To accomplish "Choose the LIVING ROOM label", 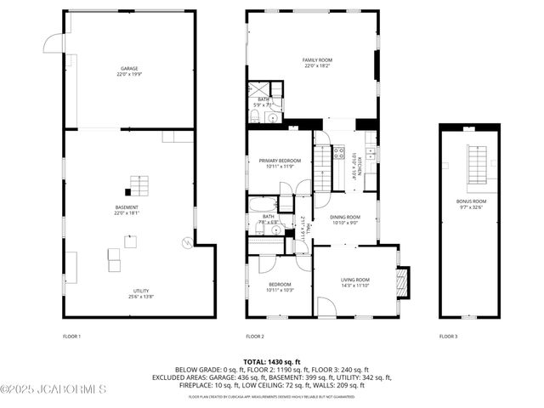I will pyautogui.click(x=355, y=282).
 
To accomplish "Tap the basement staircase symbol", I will pyautogui.click(x=138, y=184).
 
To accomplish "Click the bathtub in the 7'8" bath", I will pyautogui.click(x=263, y=205).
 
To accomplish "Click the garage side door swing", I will pyautogui.click(x=54, y=42).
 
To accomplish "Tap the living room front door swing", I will pyautogui.click(x=326, y=306).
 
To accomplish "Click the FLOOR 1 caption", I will pyautogui.click(x=72, y=337).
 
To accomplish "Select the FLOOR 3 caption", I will pyautogui.click(x=448, y=337).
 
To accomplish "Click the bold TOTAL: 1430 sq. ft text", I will pyautogui.click(x=272, y=362).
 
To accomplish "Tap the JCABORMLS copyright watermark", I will pyautogui.click(x=54, y=389).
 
